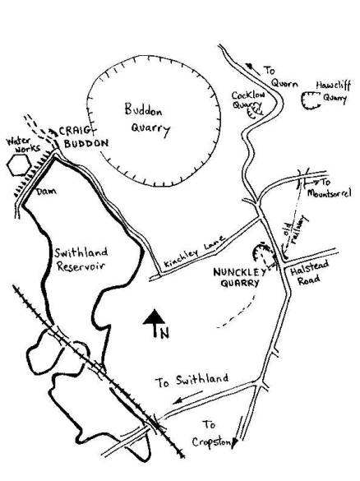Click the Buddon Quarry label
147,121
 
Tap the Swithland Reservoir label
81,260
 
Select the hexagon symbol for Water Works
19,165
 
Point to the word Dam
46,192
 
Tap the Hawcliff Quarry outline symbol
311,100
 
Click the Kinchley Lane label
195,251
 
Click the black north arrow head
155,317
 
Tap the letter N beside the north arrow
164,333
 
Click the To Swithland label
192,381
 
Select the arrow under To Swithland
187,397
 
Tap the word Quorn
284,83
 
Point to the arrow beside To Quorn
252,69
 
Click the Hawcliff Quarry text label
334,91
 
